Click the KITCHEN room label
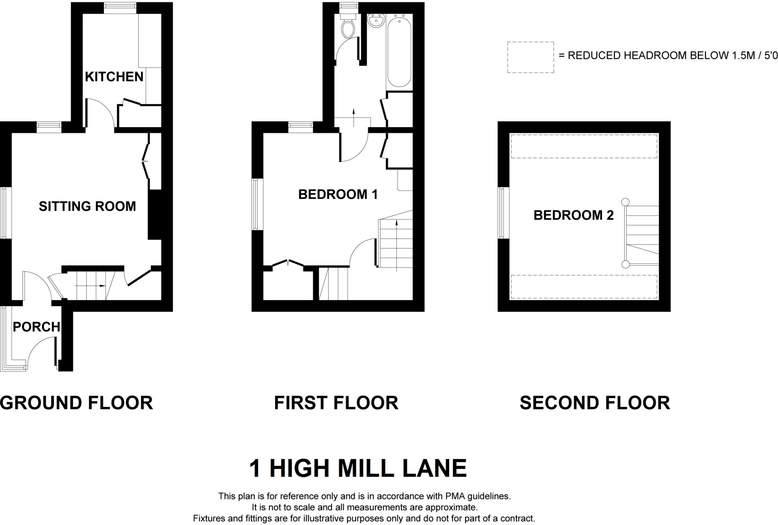tap(114, 77)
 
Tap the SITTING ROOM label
tap(87, 206)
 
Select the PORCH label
tap(36, 327)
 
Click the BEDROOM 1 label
tap(338, 194)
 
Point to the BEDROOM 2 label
tap(573, 215)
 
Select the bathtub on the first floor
tap(399, 51)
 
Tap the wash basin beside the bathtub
tap(376, 21)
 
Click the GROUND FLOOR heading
tap(76, 403)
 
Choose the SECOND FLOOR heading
tap(595, 403)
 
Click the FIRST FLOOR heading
tap(336, 403)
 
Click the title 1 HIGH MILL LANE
tap(357, 468)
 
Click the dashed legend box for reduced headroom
tap(530, 57)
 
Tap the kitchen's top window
tap(120, 8)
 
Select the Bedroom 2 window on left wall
tap(503, 213)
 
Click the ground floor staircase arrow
tap(101, 286)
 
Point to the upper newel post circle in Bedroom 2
tap(625, 202)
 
